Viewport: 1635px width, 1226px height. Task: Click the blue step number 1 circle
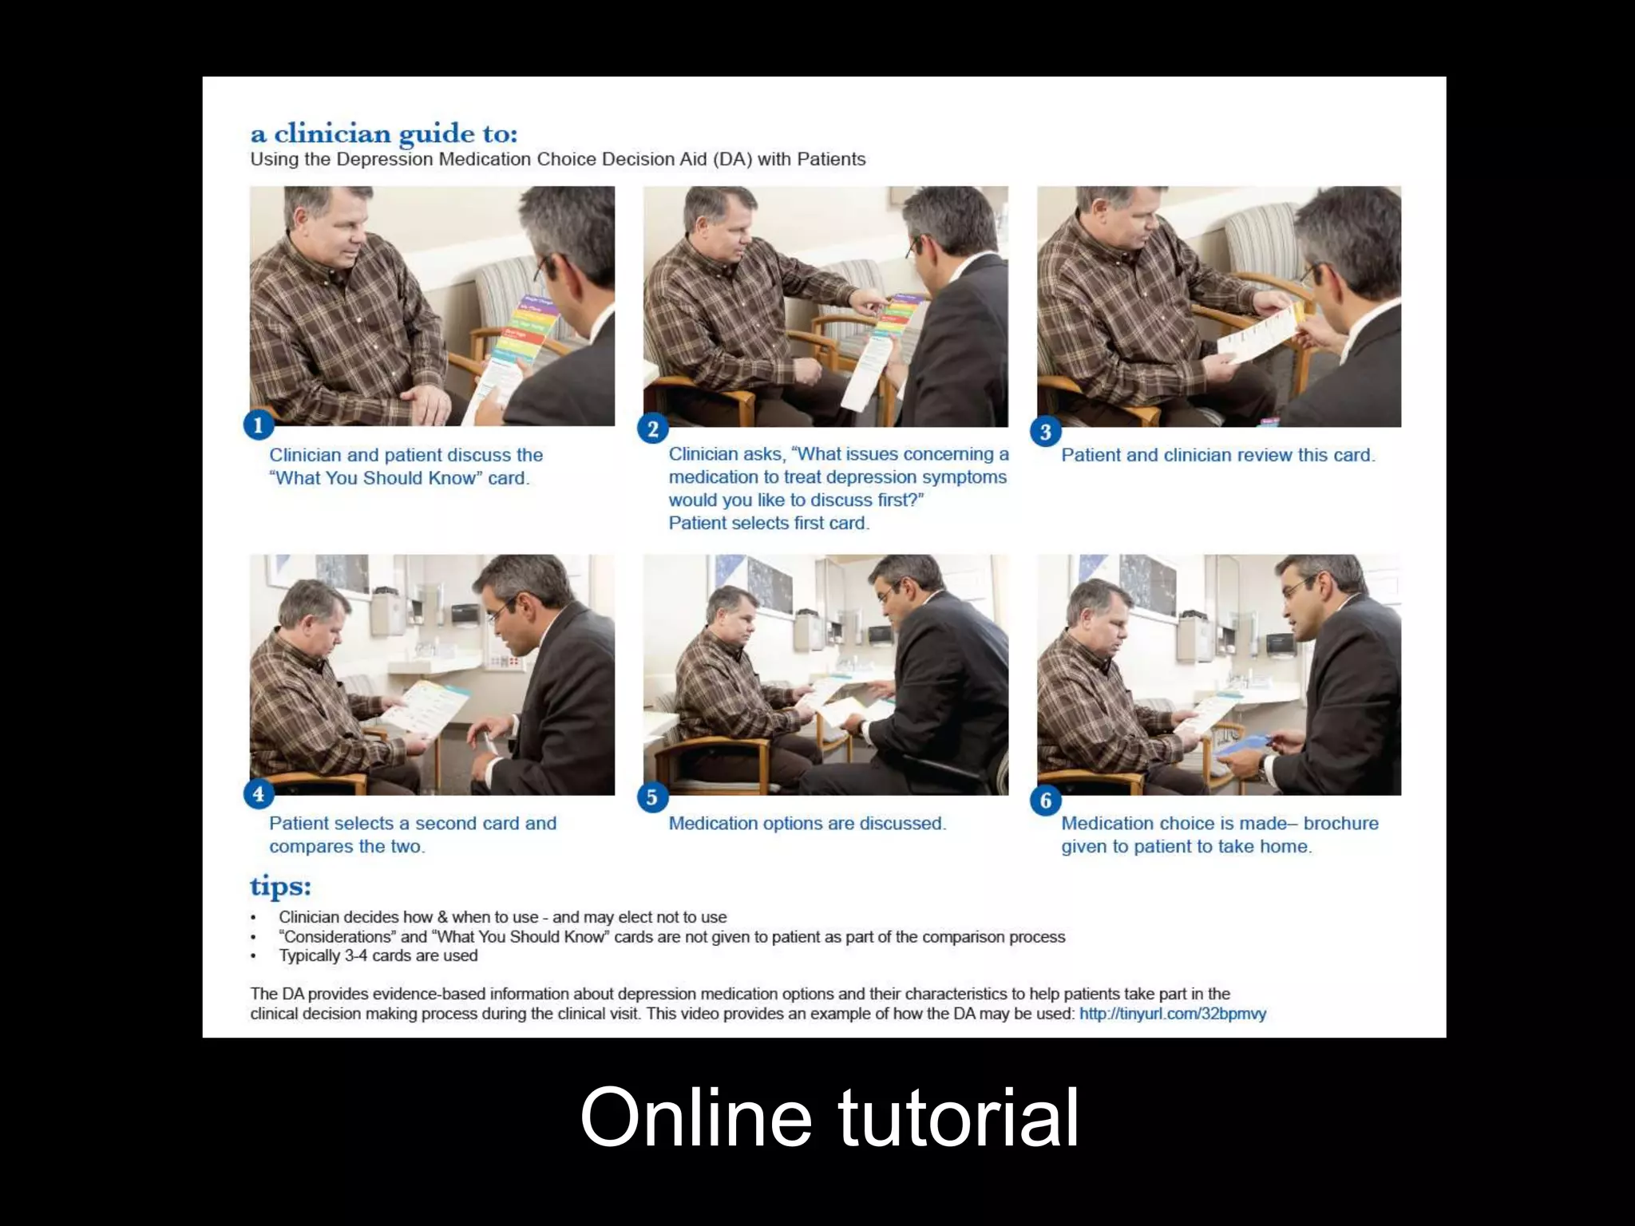tap(258, 425)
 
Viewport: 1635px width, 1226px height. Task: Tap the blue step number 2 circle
tap(652, 429)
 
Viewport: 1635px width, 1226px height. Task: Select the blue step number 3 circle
tap(1045, 432)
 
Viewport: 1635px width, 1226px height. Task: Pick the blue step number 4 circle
tap(258, 794)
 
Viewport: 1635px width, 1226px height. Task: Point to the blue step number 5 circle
tap(652, 797)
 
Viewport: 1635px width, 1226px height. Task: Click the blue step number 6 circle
tap(1045, 800)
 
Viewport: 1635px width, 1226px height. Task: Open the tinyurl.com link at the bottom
tap(1172, 1014)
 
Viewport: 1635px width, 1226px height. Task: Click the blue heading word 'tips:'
tap(280, 887)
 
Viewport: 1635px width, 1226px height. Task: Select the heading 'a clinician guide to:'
tap(384, 132)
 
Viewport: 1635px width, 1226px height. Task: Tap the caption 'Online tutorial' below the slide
tap(829, 1117)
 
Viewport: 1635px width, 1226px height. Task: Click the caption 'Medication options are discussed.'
tap(807, 823)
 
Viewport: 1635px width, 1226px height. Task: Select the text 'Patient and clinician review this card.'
tap(1217, 455)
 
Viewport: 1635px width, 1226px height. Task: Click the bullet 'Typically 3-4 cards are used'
tap(378, 955)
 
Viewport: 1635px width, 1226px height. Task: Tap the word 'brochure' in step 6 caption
tap(1340, 823)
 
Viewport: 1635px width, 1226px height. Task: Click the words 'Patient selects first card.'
tap(769, 523)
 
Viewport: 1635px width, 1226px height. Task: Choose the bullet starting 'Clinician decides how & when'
tap(502, 917)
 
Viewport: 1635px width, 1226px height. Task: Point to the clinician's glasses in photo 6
tap(1297, 589)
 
